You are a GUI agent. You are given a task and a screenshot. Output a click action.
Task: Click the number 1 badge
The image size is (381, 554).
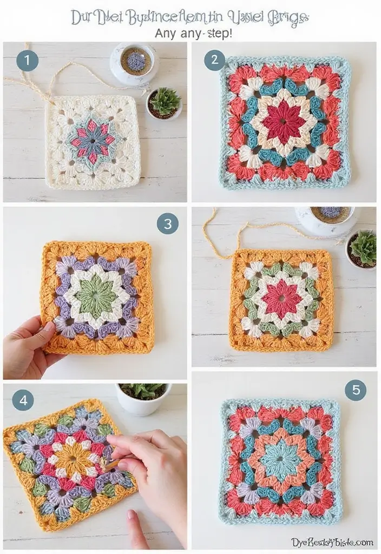tap(27, 60)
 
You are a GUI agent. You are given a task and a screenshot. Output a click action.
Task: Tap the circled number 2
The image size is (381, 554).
tap(214, 60)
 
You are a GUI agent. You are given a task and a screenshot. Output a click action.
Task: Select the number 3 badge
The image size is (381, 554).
tap(168, 223)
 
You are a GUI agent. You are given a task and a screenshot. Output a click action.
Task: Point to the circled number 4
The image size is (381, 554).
tap(23, 400)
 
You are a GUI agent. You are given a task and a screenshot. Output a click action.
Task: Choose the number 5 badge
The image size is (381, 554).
tap(356, 390)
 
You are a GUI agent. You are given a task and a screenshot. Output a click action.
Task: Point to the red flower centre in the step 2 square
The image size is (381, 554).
tap(285, 121)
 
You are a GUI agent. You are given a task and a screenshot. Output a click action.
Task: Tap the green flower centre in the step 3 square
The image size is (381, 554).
tap(95, 295)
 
